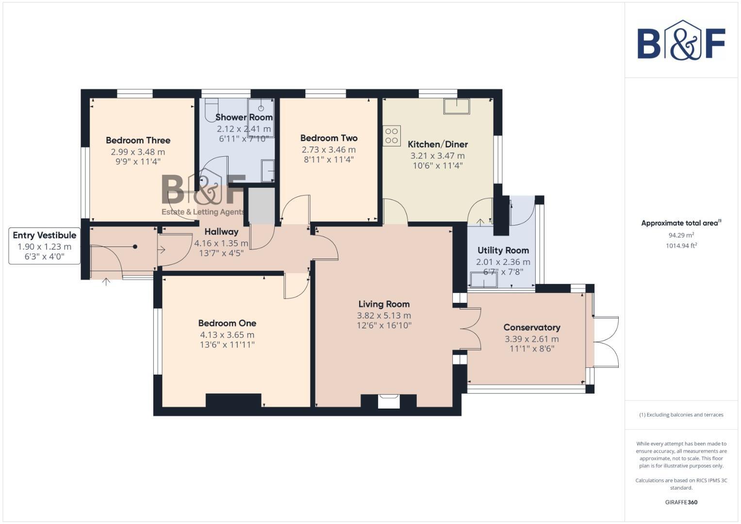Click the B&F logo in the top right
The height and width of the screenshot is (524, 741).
pyautogui.click(x=681, y=41)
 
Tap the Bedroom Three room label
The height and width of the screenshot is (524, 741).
pyautogui.click(x=138, y=140)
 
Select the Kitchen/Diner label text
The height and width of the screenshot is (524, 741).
pyautogui.click(x=438, y=144)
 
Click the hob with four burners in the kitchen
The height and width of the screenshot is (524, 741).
pyautogui.click(x=392, y=135)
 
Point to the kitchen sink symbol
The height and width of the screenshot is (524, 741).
pyautogui.click(x=456, y=106)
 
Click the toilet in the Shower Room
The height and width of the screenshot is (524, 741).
pyautogui.click(x=211, y=110)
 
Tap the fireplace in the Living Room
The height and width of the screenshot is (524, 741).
pyautogui.click(x=389, y=401)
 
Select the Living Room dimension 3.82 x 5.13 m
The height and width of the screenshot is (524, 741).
pyautogui.click(x=384, y=315)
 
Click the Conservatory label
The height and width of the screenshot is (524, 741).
pyautogui.click(x=532, y=327)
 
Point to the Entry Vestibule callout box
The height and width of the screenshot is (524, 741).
pyautogui.click(x=44, y=246)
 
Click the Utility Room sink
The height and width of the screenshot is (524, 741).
pyautogui.click(x=483, y=279)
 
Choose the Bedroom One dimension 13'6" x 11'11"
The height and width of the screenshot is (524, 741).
pyautogui.click(x=227, y=345)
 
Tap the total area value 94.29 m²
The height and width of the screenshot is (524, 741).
pyautogui.click(x=681, y=235)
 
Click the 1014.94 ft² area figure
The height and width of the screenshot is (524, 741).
pyautogui.click(x=681, y=246)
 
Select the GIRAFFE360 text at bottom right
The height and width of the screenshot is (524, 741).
pyautogui.click(x=681, y=502)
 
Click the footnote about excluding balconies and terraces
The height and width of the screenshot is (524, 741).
pyautogui.click(x=681, y=415)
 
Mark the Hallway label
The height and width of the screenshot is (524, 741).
pyautogui.click(x=221, y=231)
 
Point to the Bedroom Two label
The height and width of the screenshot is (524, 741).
pyautogui.click(x=329, y=138)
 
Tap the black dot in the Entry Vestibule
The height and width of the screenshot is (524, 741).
pyautogui.click(x=135, y=247)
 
